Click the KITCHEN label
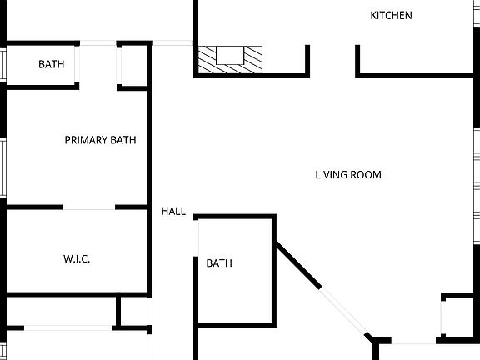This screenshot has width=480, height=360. pos(391,15)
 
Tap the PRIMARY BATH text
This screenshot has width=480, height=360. pos(100,140)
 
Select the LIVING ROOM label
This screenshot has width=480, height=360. pos(348,175)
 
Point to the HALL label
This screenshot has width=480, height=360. pos(173,212)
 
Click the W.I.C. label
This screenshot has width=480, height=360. pos(77,259)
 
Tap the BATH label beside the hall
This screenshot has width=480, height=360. pos(219,263)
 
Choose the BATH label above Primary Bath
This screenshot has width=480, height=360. pos(52,64)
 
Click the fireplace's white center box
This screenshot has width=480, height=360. pos(229,55)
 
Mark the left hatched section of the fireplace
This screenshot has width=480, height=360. pos(207,58)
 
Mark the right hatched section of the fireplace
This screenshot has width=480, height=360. pos(252,58)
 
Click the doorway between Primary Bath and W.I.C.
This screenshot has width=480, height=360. pos(88,207)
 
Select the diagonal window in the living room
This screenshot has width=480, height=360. pos(344,311)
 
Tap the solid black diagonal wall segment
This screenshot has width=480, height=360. pos(297,264)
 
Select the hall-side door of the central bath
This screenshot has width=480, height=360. pos(198,242)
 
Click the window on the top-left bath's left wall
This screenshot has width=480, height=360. pos(3,63)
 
